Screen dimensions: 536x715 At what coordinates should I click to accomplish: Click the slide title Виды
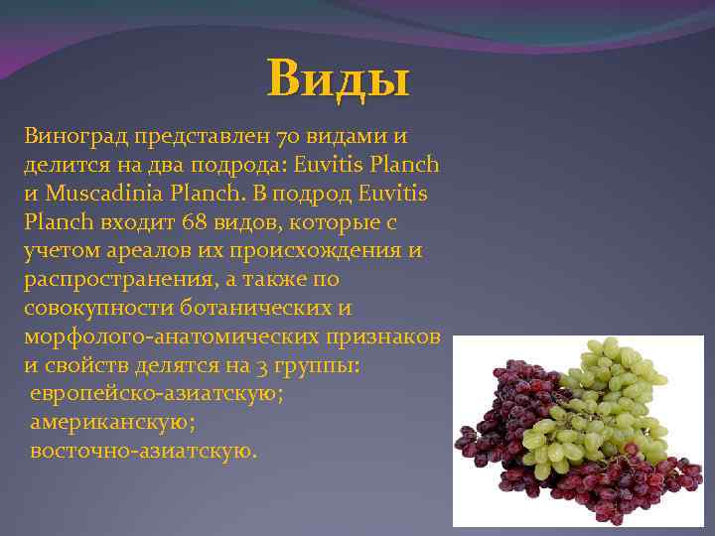point(338,78)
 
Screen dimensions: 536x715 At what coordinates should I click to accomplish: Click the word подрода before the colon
point(215,163)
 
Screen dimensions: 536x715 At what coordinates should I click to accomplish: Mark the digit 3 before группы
point(260,365)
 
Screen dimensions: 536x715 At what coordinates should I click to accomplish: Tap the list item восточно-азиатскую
point(142,452)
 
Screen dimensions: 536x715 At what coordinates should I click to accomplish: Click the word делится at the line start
point(60,163)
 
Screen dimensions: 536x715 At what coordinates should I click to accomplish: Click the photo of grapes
point(578,429)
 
